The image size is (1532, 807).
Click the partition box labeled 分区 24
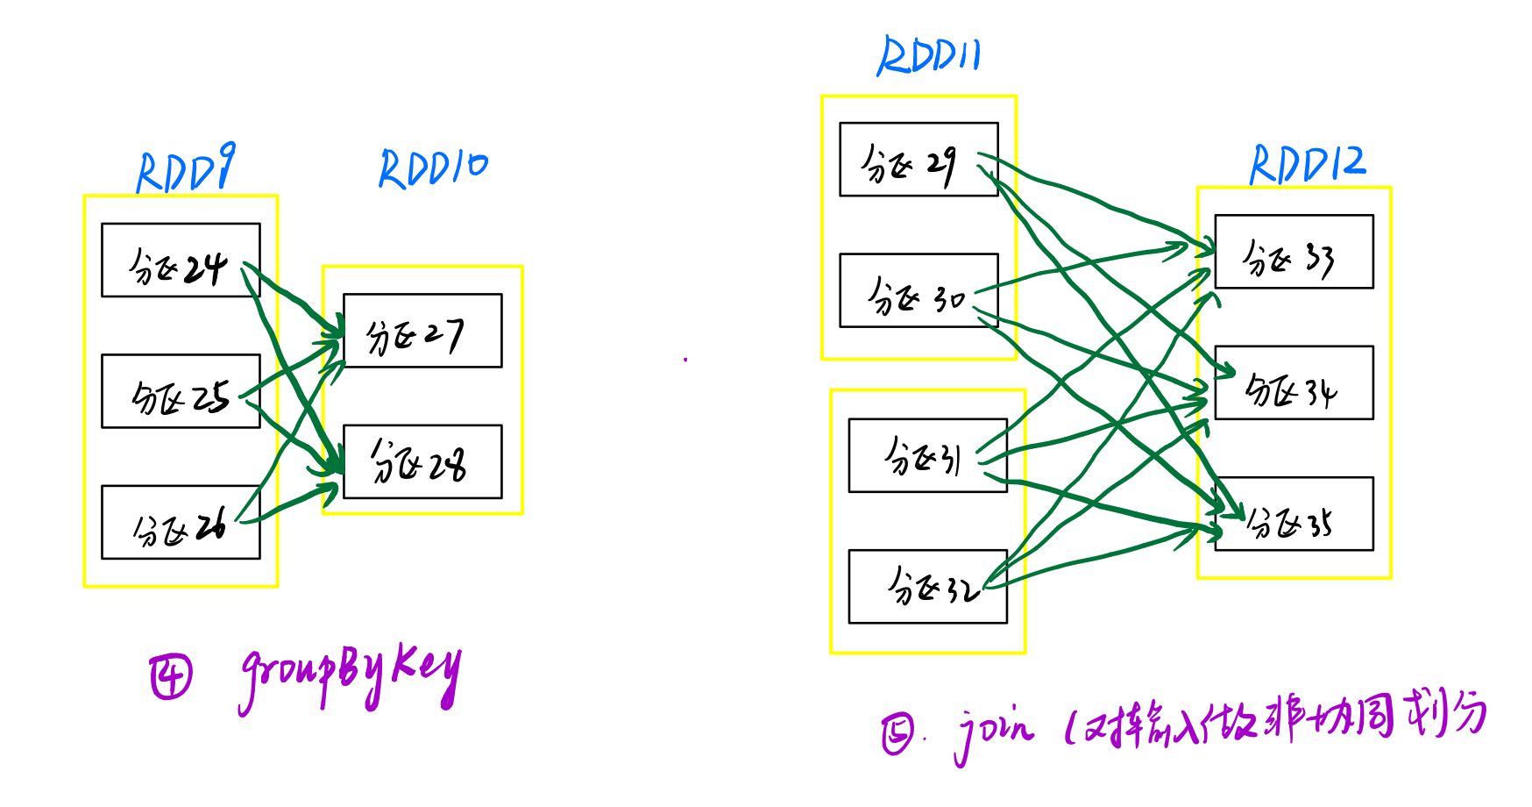coord(181,261)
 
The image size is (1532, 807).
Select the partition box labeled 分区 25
coord(181,391)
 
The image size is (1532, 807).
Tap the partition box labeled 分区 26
coord(181,522)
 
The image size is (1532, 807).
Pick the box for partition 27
coord(422,331)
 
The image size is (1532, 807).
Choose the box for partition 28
coord(422,461)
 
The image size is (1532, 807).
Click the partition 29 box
coord(918,160)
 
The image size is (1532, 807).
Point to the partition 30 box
coord(918,291)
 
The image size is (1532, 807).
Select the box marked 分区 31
coord(927,455)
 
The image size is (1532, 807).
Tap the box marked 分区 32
coord(927,586)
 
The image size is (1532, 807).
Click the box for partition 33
coord(1294,252)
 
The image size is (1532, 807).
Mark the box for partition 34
coord(1294,383)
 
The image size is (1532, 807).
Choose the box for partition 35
coord(1294,514)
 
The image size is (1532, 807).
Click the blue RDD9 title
coord(186,169)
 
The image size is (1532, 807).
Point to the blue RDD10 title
coord(433,168)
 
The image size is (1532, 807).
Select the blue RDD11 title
coord(929,56)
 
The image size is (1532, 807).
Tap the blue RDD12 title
coord(1307,164)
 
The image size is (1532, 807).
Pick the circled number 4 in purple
coord(170,677)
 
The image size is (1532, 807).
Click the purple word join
coord(994,732)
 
